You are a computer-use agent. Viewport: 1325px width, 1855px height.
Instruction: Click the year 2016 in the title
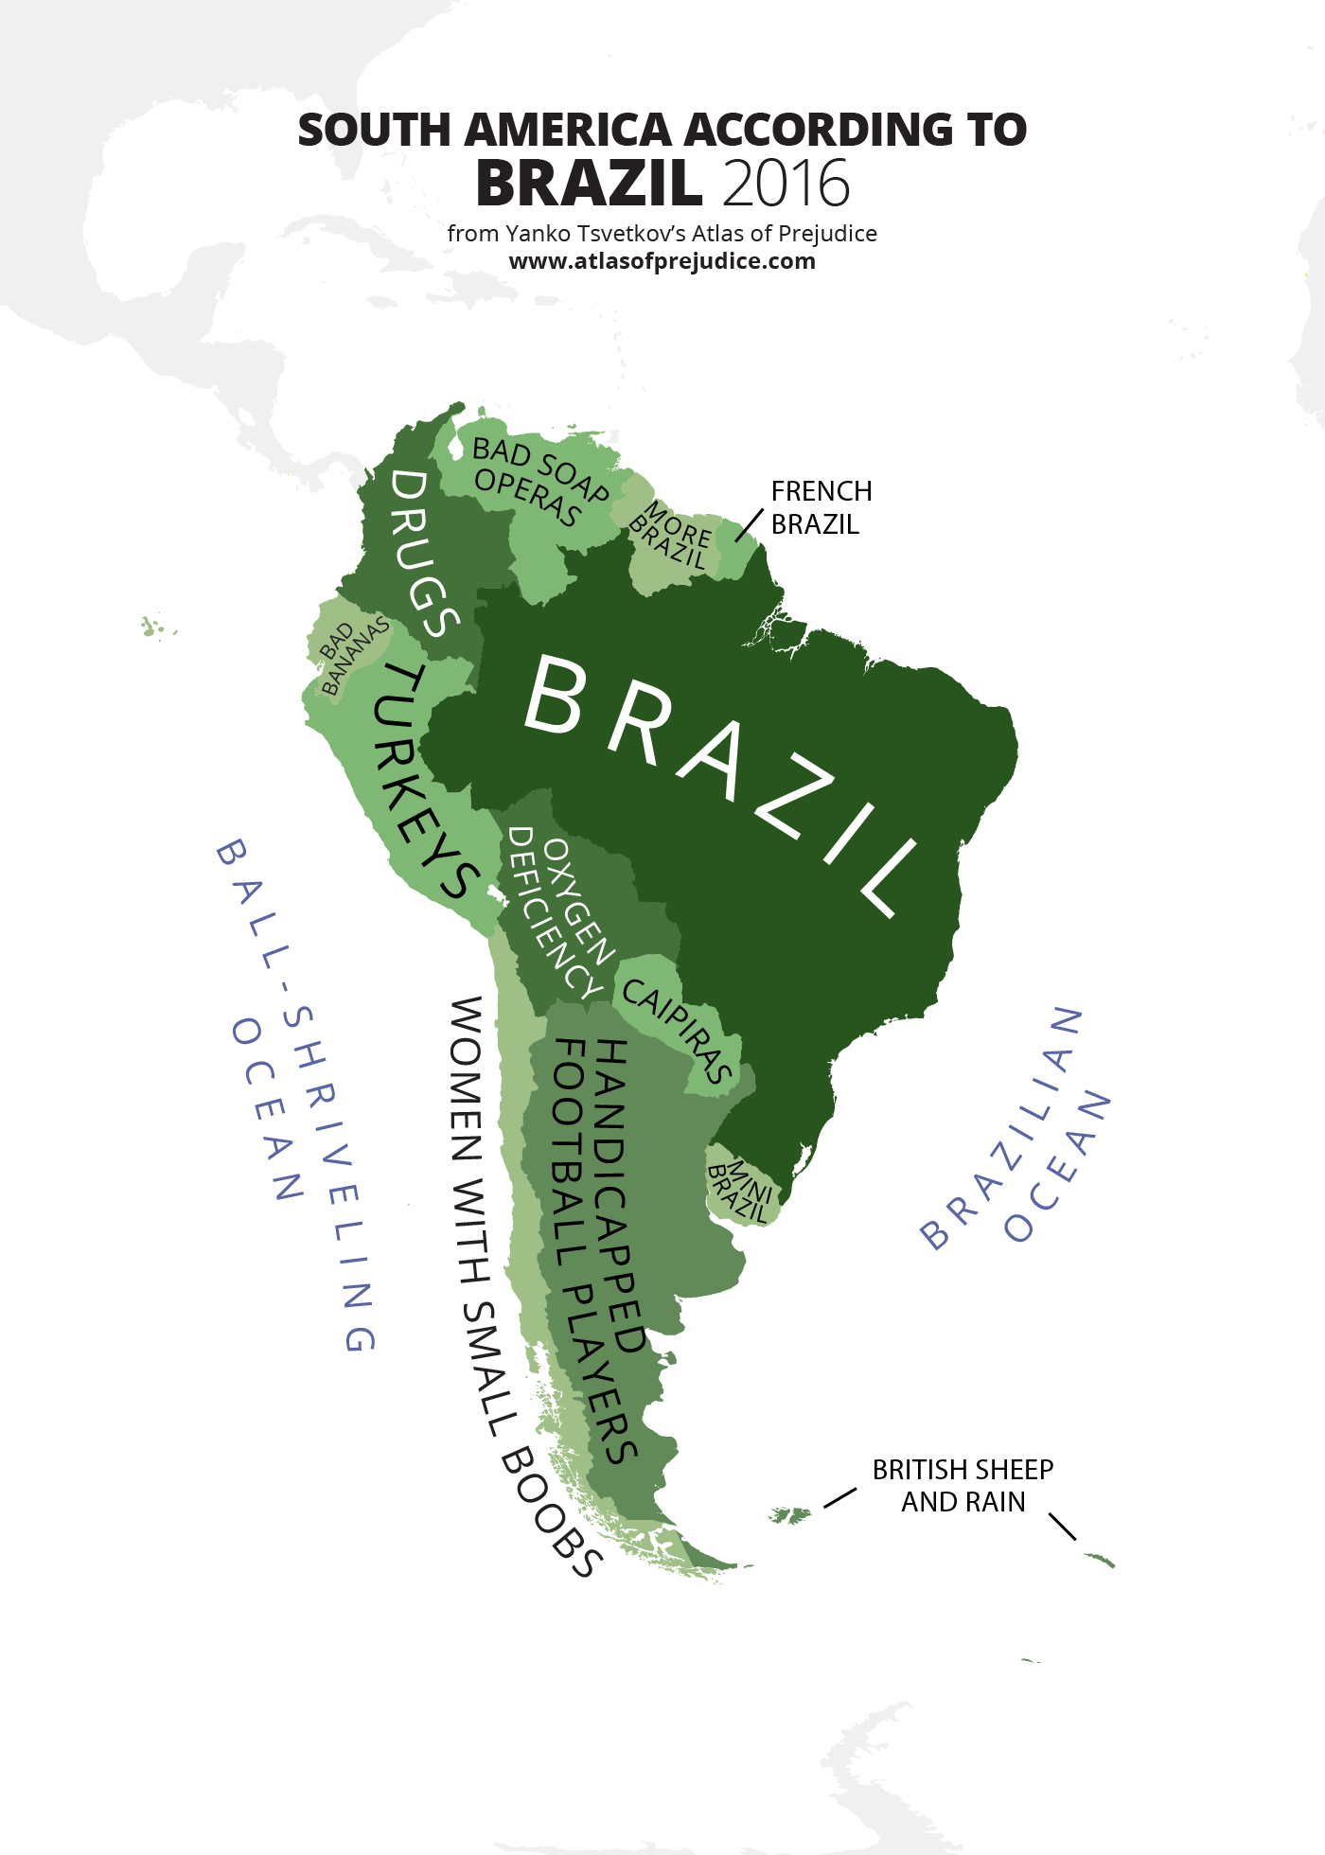[x=786, y=184]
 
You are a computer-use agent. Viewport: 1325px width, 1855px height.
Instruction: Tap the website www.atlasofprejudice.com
[x=662, y=261]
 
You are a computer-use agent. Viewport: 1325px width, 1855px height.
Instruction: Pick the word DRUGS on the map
[x=422, y=554]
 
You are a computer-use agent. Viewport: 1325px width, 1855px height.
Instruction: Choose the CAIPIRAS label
[x=677, y=1030]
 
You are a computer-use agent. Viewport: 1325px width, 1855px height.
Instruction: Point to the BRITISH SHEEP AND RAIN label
[x=963, y=1485]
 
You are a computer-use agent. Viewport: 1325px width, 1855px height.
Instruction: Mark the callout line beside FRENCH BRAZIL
[x=749, y=525]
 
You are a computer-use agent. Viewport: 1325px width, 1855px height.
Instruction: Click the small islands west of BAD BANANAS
[x=153, y=627]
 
